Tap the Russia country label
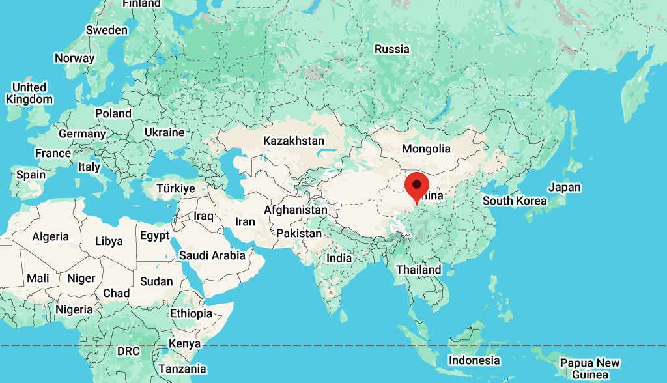(x=392, y=49)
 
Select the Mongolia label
(x=426, y=149)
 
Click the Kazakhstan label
(x=293, y=141)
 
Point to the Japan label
(x=564, y=187)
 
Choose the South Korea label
(x=515, y=201)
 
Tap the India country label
(x=339, y=258)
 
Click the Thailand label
(x=419, y=270)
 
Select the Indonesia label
(x=474, y=360)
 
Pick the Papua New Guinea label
(x=590, y=369)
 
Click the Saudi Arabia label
(x=212, y=255)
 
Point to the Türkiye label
(x=176, y=188)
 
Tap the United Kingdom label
(x=29, y=93)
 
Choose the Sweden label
(x=107, y=30)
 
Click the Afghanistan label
(x=296, y=210)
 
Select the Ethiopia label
(x=191, y=313)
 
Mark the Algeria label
(x=51, y=237)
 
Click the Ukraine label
(x=164, y=132)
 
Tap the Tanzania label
(x=182, y=369)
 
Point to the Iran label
(x=245, y=221)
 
